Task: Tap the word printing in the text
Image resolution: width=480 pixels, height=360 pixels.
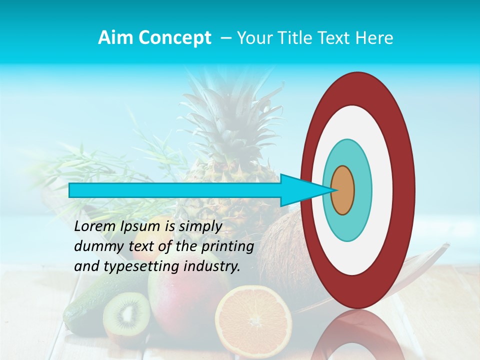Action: [x=227, y=247]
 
